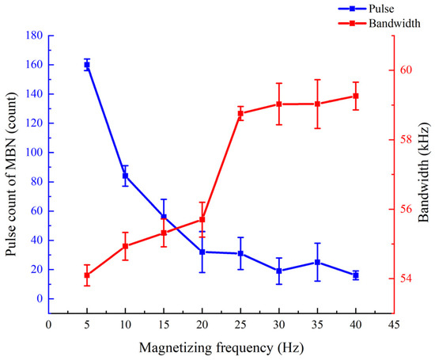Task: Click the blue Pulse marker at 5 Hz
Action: pyautogui.click(x=87, y=65)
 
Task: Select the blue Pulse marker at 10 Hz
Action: pyautogui.click(x=125, y=176)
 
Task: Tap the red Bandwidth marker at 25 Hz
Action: pyautogui.click(x=240, y=113)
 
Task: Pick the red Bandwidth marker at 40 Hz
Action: pyautogui.click(x=356, y=96)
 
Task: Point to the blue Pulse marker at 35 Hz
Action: pyautogui.click(x=317, y=262)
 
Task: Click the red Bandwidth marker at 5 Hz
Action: pyautogui.click(x=87, y=275)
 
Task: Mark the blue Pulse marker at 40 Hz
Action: pyautogui.click(x=356, y=275)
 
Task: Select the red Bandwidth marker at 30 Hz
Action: pyautogui.click(x=279, y=104)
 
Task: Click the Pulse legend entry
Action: pyautogui.click(x=366, y=9)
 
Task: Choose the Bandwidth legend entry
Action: pyautogui.click(x=379, y=23)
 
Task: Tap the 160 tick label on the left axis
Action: pyautogui.click(x=34, y=65)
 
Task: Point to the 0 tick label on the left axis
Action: pyautogui.click(x=40, y=298)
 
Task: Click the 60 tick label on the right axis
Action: pyautogui.click(x=405, y=70)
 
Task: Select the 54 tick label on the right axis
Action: pyautogui.click(x=405, y=279)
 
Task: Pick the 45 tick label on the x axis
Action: pyautogui.click(x=394, y=324)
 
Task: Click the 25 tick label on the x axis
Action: pyautogui.click(x=240, y=324)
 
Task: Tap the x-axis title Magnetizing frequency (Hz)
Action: pyautogui.click(x=221, y=348)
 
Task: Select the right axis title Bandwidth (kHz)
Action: pyautogui.click(x=423, y=172)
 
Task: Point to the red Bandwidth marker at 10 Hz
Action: pyautogui.click(x=125, y=246)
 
